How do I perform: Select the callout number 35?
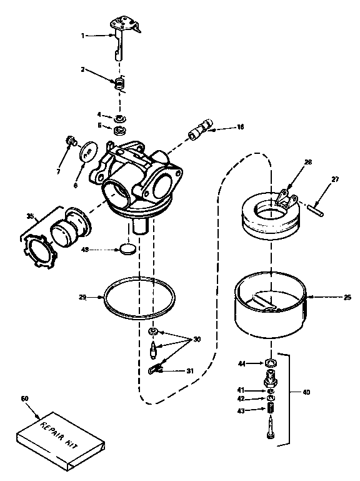pyautogui.click(x=29, y=216)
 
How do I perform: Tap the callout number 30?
pyautogui.click(x=197, y=339)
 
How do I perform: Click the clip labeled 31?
pyautogui.click(x=156, y=371)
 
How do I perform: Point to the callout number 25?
pyautogui.click(x=347, y=297)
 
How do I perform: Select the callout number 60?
pyautogui.click(x=24, y=398)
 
